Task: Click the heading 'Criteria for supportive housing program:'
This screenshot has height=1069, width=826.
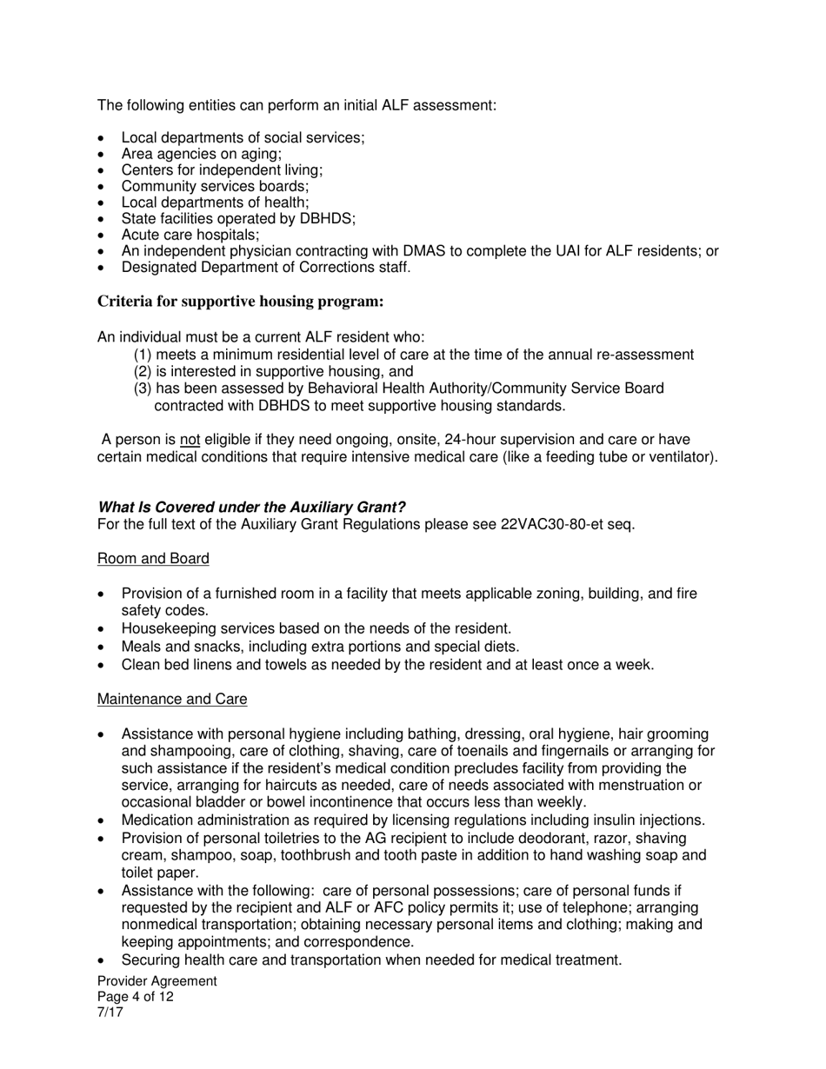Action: (240, 302)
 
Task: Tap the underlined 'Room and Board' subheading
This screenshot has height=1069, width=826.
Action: (153, 558)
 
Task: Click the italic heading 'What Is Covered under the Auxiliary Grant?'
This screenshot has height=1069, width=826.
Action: (251, 508)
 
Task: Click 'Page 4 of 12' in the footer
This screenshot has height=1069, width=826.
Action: (135, 997)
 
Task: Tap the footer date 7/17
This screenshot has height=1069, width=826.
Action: (110, 1013)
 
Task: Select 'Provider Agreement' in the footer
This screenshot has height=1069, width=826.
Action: (157, 981)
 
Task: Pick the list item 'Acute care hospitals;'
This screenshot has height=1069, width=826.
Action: (190, 235)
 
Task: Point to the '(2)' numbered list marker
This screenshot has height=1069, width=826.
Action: (143, 371)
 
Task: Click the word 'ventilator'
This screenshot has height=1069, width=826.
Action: (682, 457)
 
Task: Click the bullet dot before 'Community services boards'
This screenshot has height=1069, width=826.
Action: (103, 187)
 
